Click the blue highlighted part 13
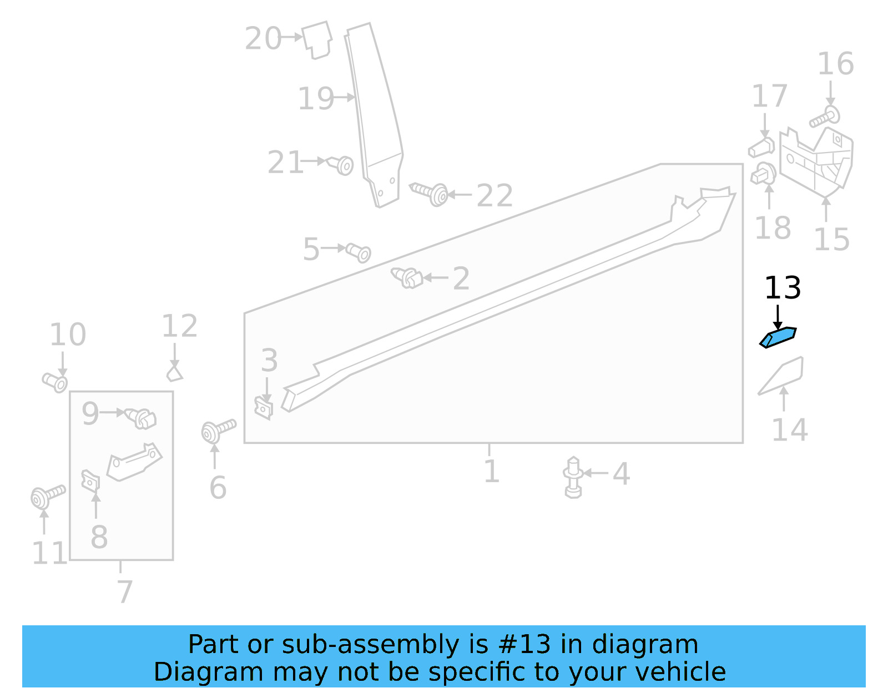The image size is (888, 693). tap(778, 337)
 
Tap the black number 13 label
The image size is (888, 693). tap(783, 288)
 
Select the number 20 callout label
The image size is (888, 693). tap(263, 39)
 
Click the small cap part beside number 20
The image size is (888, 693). tap(317, 39)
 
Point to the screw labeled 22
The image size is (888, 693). tap(430, 193)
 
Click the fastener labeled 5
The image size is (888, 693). tap(359, 252)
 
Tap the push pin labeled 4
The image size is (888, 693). tap(573, 477)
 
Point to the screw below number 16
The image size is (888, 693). tap(825, 117)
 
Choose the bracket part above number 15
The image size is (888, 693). tap(816, 160)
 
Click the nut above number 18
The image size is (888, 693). tap(764, 174)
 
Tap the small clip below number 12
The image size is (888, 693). tap(174, 373)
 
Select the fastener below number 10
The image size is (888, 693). tap(55, 382)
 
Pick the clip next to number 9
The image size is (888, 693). tap(141, 418)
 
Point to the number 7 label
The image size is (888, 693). tap(124, 592)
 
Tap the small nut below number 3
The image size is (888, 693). tap(264, 408)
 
